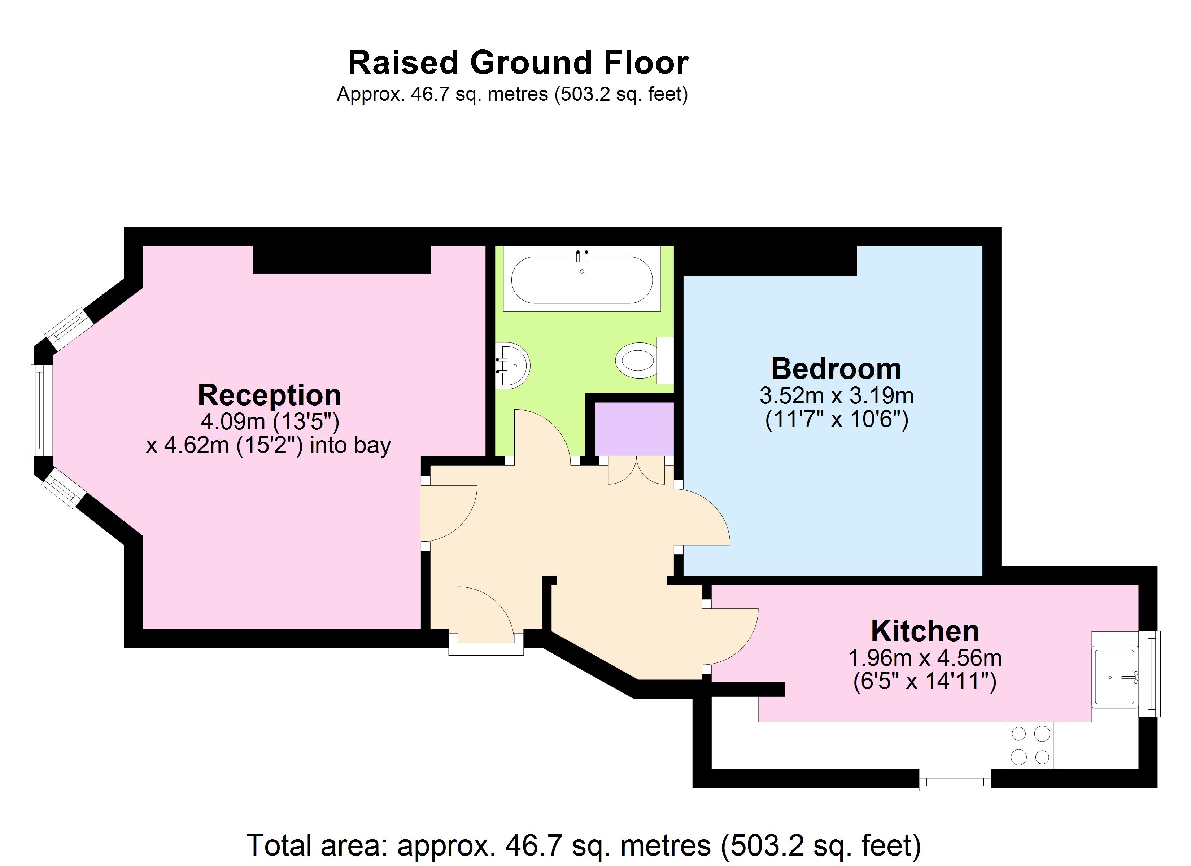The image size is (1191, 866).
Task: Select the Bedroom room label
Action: pos(836,369)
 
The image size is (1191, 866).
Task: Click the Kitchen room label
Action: pos(925,631)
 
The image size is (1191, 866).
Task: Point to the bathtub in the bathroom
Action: pos(582,280)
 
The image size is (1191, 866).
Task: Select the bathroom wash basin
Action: pos(513,366)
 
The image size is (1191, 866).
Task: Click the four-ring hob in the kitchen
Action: pos(1030,745)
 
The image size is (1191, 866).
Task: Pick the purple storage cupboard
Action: pos(634,429)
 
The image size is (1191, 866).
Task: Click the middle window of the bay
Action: pos(41,410)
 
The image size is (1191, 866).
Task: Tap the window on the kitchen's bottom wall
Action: pos(955,779)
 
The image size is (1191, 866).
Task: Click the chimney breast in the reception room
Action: pos(342,259)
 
